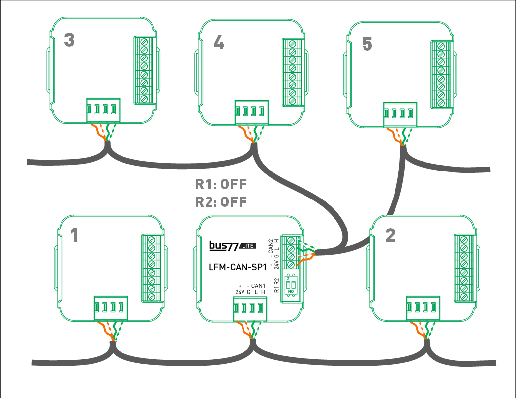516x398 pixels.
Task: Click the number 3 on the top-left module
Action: click(x=69, y=40)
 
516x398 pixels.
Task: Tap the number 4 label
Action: click(x=218, y=43)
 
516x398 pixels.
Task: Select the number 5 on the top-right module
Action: click(x=367, y=44)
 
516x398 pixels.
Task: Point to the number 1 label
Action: click(x=74, y=236)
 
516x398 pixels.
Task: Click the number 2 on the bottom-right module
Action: click(x=390, y=236)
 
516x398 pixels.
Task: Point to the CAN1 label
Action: click(x=258, y=286)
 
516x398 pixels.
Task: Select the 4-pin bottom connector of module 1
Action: click(x=111, y=308)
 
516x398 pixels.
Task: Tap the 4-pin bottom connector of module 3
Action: click(x=103, y=110)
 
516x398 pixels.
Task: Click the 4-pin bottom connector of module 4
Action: click(x=251, y=113)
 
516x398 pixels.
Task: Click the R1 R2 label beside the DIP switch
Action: click(x=276, y=285)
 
